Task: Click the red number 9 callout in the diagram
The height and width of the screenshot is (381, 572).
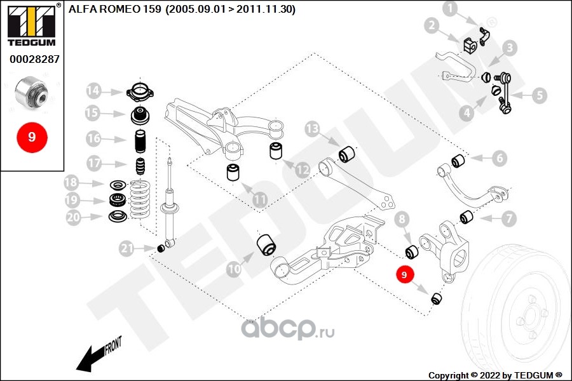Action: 405,274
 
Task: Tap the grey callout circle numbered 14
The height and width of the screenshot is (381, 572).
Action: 94,90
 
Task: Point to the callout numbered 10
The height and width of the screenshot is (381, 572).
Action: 235,269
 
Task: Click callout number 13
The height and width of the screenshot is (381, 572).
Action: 312,130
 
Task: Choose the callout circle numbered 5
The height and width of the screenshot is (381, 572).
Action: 539,96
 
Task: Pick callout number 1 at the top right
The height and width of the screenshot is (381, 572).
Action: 450,9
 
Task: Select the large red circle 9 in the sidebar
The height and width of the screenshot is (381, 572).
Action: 31,136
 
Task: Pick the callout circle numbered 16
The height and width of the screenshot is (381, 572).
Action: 94,138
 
